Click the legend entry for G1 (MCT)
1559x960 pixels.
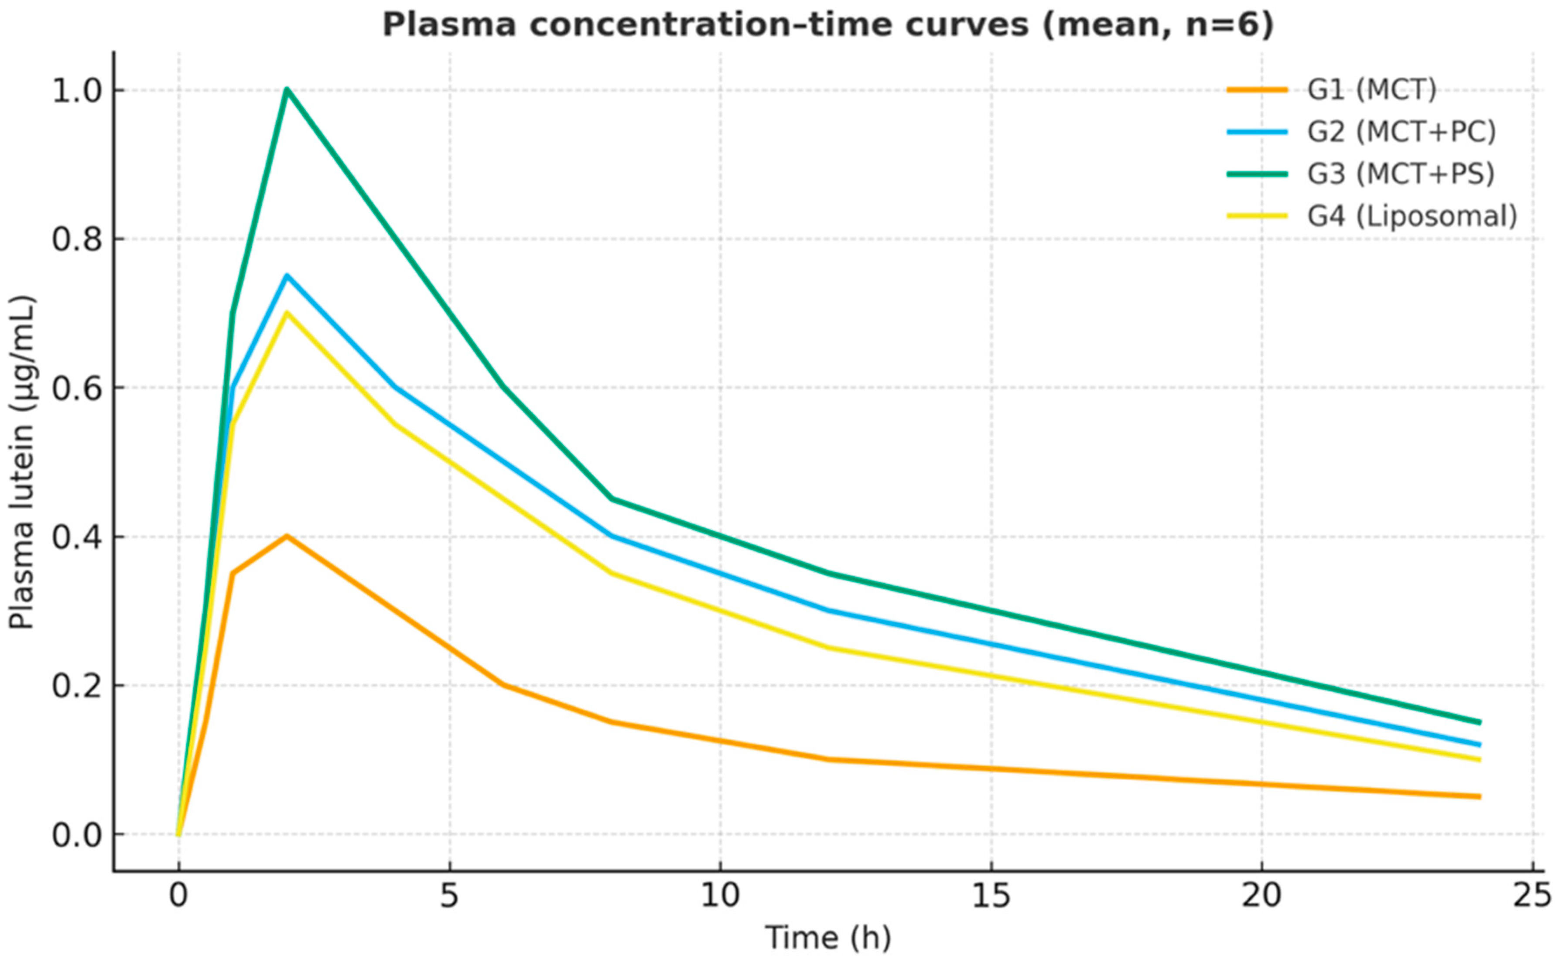tap(1371, 90)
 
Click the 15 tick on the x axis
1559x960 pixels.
tap(991, 896)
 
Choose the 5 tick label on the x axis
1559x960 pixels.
tap(449, 896)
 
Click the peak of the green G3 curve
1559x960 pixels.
tap(287, 89)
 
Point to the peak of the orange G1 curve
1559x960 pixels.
tap(287, 536)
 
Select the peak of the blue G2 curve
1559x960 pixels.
tap(287, 276)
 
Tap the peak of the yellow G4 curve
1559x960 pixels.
tap(287, 312)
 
